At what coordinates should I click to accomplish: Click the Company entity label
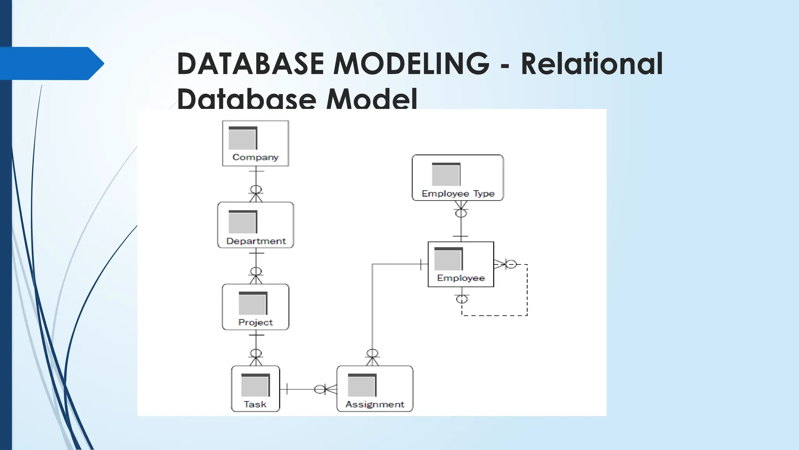[x=256, y=157]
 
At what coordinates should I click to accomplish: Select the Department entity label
[x=256, y=241]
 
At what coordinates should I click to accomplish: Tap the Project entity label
[x=256, y=323]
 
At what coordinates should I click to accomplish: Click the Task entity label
[x=255, y=405]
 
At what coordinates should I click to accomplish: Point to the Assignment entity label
[x=375, y=405]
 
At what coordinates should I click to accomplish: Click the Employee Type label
[x=458, y=194]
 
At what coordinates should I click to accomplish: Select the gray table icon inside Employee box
[x=448, y=259]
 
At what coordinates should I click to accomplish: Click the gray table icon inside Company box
[x=243, y=138]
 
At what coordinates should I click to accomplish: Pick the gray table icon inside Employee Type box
[x=446, y=174]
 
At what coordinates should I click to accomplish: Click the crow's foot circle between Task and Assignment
[x=320, y=389]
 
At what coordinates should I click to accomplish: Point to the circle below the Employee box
[x=462, y=300]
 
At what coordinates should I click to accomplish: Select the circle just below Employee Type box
[x=461, y=213]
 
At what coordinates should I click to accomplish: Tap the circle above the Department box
[x=256, y=190]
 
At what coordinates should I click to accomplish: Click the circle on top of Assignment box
[x=373, y=353]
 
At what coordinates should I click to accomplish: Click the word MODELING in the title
[x=411, y=63]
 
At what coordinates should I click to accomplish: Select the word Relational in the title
[x=592, y=63]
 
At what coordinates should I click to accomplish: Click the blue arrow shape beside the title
[x=51, y=63]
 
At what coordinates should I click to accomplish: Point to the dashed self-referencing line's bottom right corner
[x=527, y=315]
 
